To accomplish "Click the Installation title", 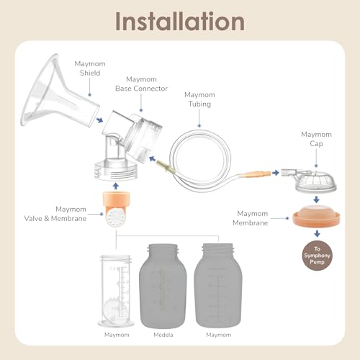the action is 180,22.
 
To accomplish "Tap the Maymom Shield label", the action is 90,68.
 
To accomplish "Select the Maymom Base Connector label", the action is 141,84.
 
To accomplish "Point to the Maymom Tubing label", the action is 199,99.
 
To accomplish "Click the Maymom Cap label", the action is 316,139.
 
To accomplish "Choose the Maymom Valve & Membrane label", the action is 55,214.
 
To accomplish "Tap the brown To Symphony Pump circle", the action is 317,256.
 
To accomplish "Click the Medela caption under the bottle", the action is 163,335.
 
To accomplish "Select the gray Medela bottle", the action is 163,286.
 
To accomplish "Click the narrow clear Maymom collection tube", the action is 116,291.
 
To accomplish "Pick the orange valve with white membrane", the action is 117,210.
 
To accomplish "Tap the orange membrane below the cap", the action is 316,216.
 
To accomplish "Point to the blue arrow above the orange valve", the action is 116,186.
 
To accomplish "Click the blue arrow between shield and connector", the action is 99,120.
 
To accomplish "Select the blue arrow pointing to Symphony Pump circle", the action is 317,233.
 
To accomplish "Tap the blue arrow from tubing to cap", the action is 276,172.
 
